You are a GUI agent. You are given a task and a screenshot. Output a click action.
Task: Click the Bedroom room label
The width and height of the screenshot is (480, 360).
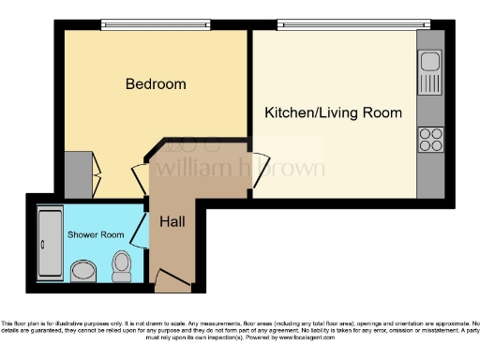[x=156, y=84]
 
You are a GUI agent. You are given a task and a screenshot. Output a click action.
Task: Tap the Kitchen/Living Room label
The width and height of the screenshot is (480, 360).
[x=333, y=112]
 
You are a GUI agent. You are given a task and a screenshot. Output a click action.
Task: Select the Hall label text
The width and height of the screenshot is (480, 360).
[x=172, y=222]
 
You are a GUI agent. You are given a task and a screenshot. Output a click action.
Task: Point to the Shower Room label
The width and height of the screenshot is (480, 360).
[x=96, y=234]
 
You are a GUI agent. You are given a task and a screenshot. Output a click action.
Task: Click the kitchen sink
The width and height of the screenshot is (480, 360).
[x=430, y=64]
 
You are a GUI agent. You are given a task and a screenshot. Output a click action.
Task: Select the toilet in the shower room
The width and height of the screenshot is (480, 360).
[x=121, y=267]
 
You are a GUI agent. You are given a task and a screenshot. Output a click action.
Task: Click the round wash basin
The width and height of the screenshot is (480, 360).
[x=83, y=272]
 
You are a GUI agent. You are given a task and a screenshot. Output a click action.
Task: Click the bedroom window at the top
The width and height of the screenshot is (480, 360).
[x=156, y=24]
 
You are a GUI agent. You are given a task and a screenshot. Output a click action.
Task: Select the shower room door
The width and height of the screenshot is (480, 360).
[x=141, y=228]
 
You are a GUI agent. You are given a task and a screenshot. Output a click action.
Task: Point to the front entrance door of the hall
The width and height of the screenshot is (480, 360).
[x=171, y=277]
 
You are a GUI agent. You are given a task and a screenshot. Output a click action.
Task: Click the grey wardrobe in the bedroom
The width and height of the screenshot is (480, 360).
[x=79, y=173]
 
